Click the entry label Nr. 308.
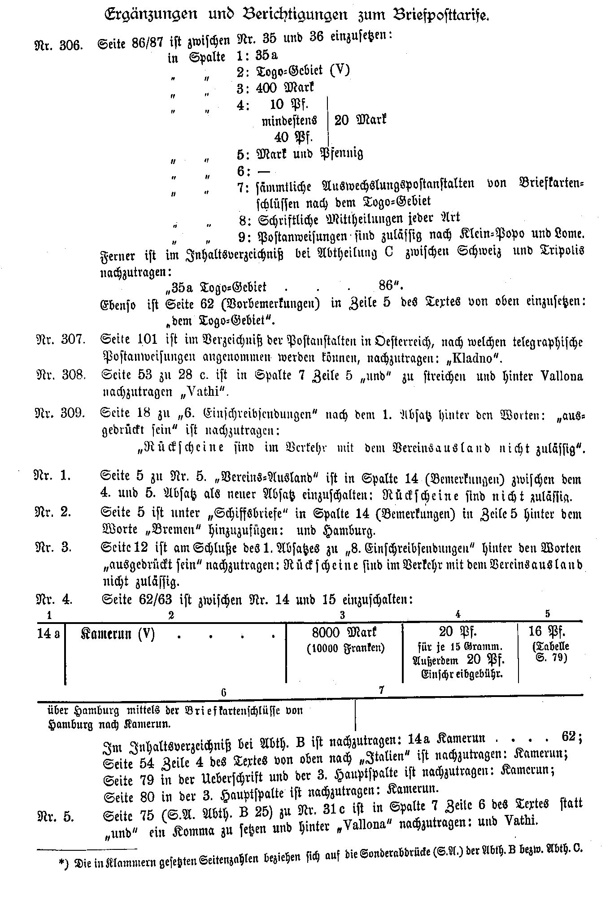pos(60,375)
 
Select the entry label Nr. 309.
pos(60,413)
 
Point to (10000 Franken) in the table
pos(345,648)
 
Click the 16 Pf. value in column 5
pos(547,632)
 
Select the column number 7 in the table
pos(382,690)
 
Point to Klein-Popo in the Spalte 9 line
pos(490,234)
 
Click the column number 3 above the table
pos(342,615)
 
